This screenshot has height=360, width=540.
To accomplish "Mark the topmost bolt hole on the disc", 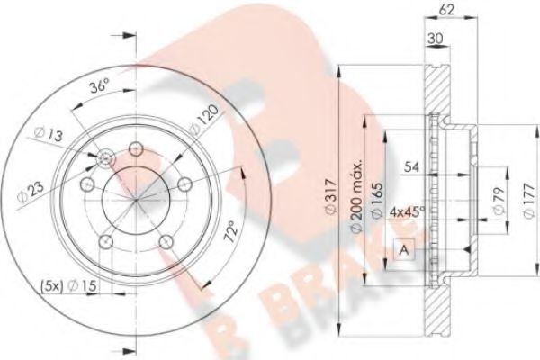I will (x=136, y=149).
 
